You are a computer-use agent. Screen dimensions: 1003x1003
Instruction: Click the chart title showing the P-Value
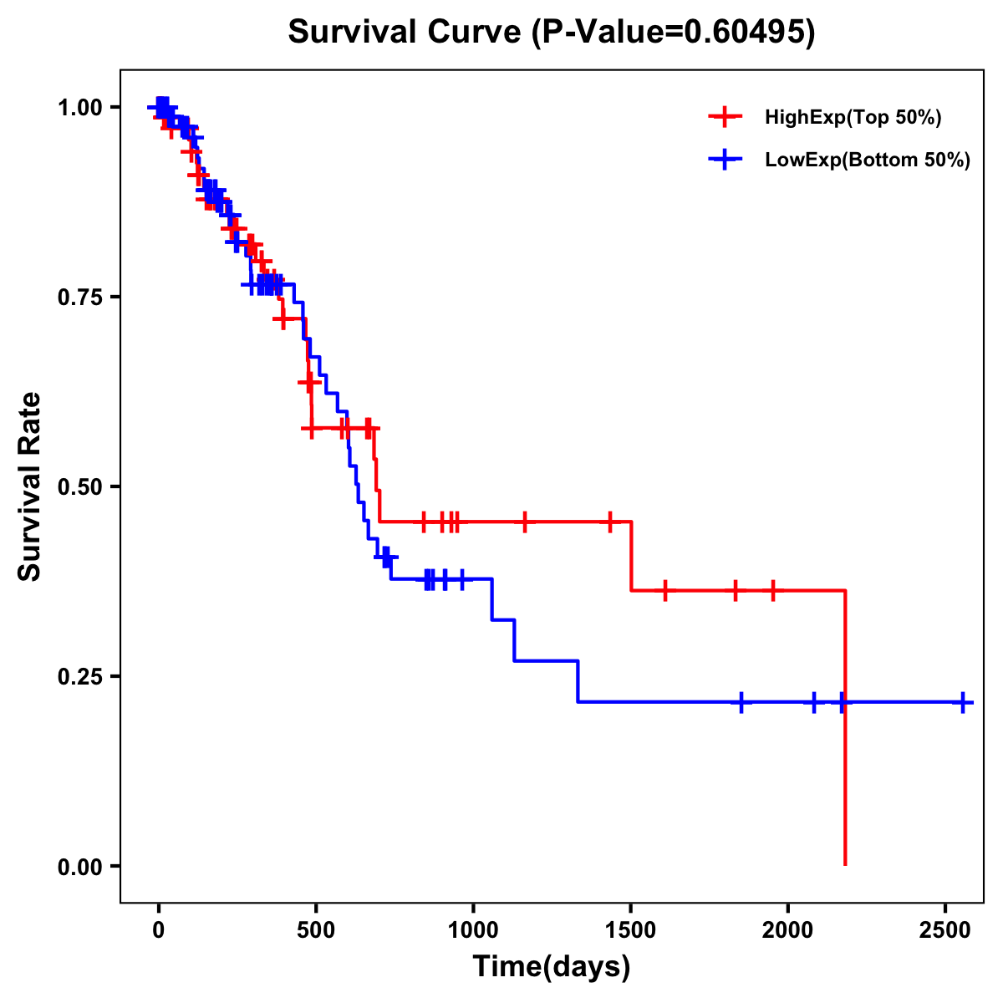(551, 33)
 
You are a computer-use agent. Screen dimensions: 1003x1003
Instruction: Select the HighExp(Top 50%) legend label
(853, 118)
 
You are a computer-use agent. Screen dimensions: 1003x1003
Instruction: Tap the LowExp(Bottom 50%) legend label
(867, 160)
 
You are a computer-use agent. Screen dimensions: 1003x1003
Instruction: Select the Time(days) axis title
(552, 967)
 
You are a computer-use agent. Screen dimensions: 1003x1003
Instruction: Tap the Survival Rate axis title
(30, 486)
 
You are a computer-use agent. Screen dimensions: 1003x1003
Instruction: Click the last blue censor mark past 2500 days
(963, 702)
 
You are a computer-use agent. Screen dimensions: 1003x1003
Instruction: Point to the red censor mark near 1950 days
(773, 590)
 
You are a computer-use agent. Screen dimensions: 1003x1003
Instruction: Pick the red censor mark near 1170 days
(525, 522)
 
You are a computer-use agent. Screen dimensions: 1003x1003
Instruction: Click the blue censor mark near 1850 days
(741, 702)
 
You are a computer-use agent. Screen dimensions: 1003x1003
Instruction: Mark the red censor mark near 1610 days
(664, 590)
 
